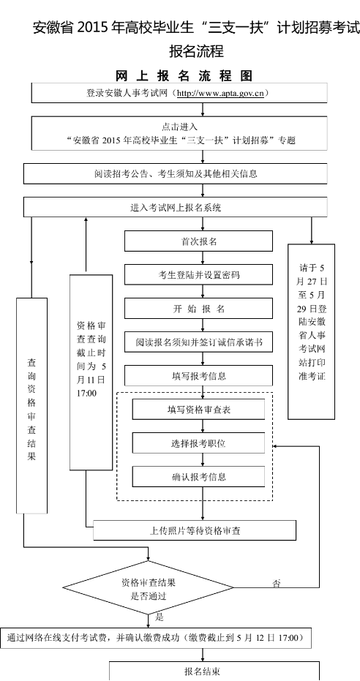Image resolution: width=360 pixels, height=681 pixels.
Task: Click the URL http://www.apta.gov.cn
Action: tap(220, 94)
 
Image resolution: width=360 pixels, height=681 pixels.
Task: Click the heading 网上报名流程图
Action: tap(184, 75)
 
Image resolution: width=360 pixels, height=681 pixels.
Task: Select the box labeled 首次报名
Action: tap(198, 241)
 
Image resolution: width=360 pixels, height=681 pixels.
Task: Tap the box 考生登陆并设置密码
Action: tap(198, 275)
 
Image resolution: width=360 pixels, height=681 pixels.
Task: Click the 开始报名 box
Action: tap(198, 309)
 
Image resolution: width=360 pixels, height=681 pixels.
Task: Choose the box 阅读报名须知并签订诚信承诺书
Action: tap(198, 342)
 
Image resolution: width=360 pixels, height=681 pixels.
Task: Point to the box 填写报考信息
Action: tap(198, 376)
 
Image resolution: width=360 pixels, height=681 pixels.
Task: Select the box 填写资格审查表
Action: tap(198, 409)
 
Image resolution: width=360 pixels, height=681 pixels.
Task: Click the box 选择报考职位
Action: tap(198, 443)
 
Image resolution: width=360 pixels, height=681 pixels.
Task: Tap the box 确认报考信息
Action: tap(198, 476)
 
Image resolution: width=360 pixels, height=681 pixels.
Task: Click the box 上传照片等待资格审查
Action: tap(195, 530)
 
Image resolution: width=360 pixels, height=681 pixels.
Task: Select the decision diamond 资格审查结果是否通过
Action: tap(149, 587)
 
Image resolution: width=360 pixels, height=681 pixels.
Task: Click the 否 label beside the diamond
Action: tap(276, 583)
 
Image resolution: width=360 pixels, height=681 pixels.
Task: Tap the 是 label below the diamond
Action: tap(160, 617)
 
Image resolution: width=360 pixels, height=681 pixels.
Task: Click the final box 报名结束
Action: tap(214, 671)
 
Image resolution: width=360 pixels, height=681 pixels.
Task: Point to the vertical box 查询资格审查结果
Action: tap(31, 406)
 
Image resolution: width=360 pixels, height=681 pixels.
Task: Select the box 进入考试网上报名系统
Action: tap(176, 207)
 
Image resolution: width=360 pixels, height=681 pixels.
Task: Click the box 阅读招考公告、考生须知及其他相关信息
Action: tap(176, 174)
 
